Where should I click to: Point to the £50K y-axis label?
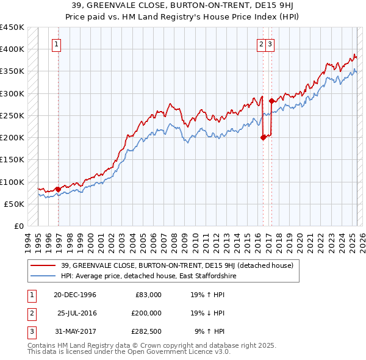click(15, 204)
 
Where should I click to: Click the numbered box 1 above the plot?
click(56, 43)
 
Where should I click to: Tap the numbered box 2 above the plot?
click(261, 43)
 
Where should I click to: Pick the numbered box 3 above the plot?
click(269, 43)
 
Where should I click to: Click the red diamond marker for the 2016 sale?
click(263, 137)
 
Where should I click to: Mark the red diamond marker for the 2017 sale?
click(271, 101)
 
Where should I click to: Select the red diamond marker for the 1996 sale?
click(58, 189)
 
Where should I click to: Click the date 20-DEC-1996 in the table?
click(75, 294)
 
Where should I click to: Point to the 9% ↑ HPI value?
click(210, 331)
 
